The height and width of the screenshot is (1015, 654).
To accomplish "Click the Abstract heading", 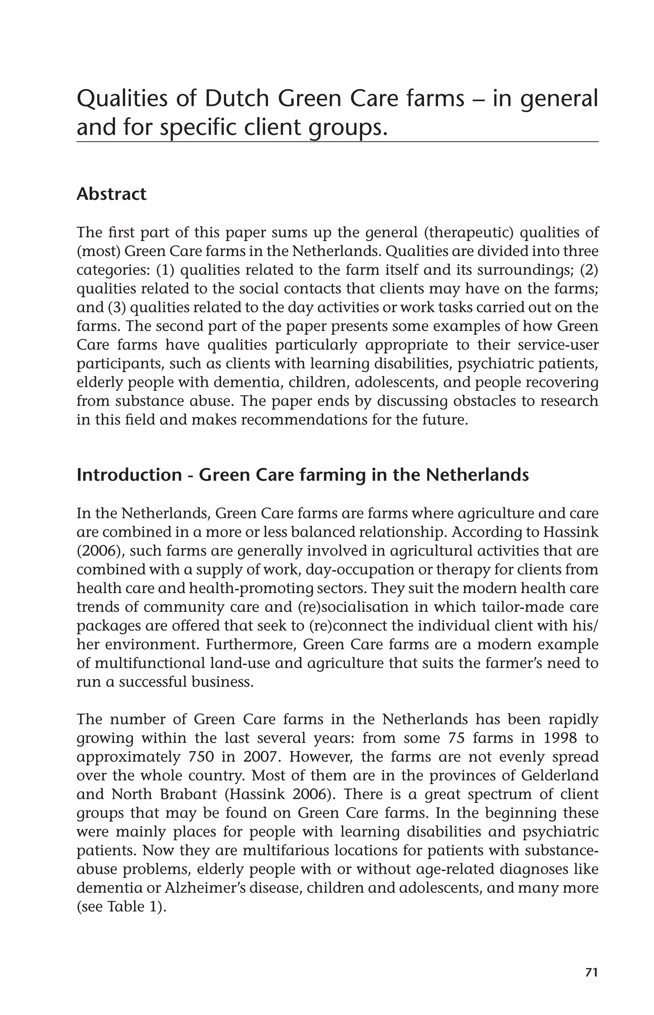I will point(111,194).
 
